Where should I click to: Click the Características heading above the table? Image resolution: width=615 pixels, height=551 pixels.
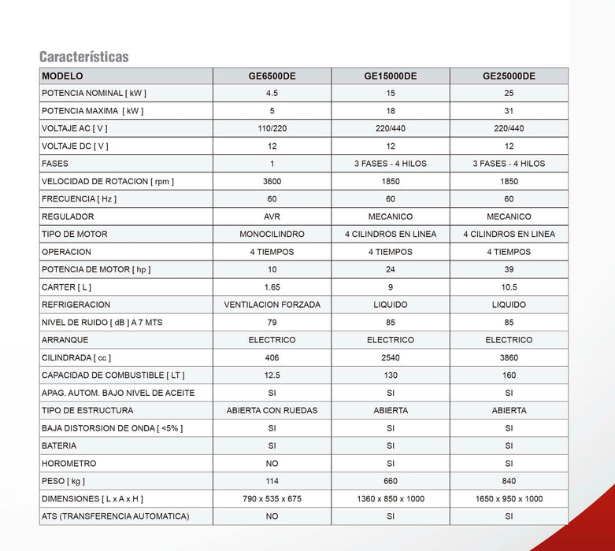84,57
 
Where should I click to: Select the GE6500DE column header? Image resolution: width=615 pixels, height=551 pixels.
272,76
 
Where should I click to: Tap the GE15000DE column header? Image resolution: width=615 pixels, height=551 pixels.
390,76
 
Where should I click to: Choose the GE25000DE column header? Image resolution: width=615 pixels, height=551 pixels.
509,76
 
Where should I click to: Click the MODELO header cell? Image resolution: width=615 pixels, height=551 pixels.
62,76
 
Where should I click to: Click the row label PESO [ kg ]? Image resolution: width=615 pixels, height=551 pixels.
63,481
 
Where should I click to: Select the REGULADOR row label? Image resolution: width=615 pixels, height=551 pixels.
68,216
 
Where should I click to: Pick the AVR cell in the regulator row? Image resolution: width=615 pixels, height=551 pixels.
272,216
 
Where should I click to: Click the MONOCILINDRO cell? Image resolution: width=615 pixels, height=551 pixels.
272,234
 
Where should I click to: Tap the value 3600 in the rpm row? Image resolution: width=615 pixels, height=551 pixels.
272,181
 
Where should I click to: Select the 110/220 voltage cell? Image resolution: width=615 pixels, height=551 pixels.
272,128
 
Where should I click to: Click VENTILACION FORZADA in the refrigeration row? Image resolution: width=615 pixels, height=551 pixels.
272,305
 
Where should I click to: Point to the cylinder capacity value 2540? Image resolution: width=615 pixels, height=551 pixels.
390,357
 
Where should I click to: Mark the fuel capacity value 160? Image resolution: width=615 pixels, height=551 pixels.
509,375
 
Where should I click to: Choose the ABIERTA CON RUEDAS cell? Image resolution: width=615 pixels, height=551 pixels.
272,410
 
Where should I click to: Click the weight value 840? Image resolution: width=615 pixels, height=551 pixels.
509,481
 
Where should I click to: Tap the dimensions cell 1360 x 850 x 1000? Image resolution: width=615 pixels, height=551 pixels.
390,499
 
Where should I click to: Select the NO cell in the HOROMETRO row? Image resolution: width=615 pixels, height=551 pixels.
272,464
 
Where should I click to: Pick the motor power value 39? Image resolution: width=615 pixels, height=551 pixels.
509,269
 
